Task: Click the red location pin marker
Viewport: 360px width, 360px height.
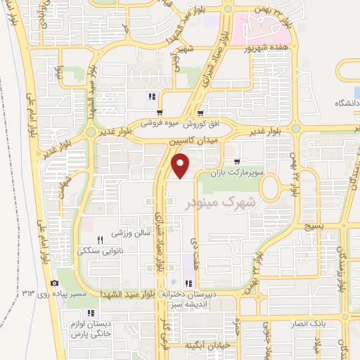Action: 181,167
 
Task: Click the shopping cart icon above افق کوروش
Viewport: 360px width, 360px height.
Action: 200,113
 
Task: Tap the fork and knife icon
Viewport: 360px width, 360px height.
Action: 101,239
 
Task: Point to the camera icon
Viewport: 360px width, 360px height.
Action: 55,283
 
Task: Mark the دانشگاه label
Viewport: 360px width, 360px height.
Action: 345,103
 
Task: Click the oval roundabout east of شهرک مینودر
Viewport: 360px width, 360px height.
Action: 271,188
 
